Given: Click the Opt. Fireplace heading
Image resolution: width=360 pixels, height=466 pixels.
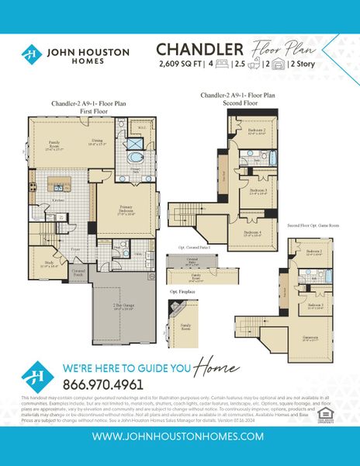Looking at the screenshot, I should (184, 292).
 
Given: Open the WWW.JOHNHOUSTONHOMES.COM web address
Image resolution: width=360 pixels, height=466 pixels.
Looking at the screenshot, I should (179, 436).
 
